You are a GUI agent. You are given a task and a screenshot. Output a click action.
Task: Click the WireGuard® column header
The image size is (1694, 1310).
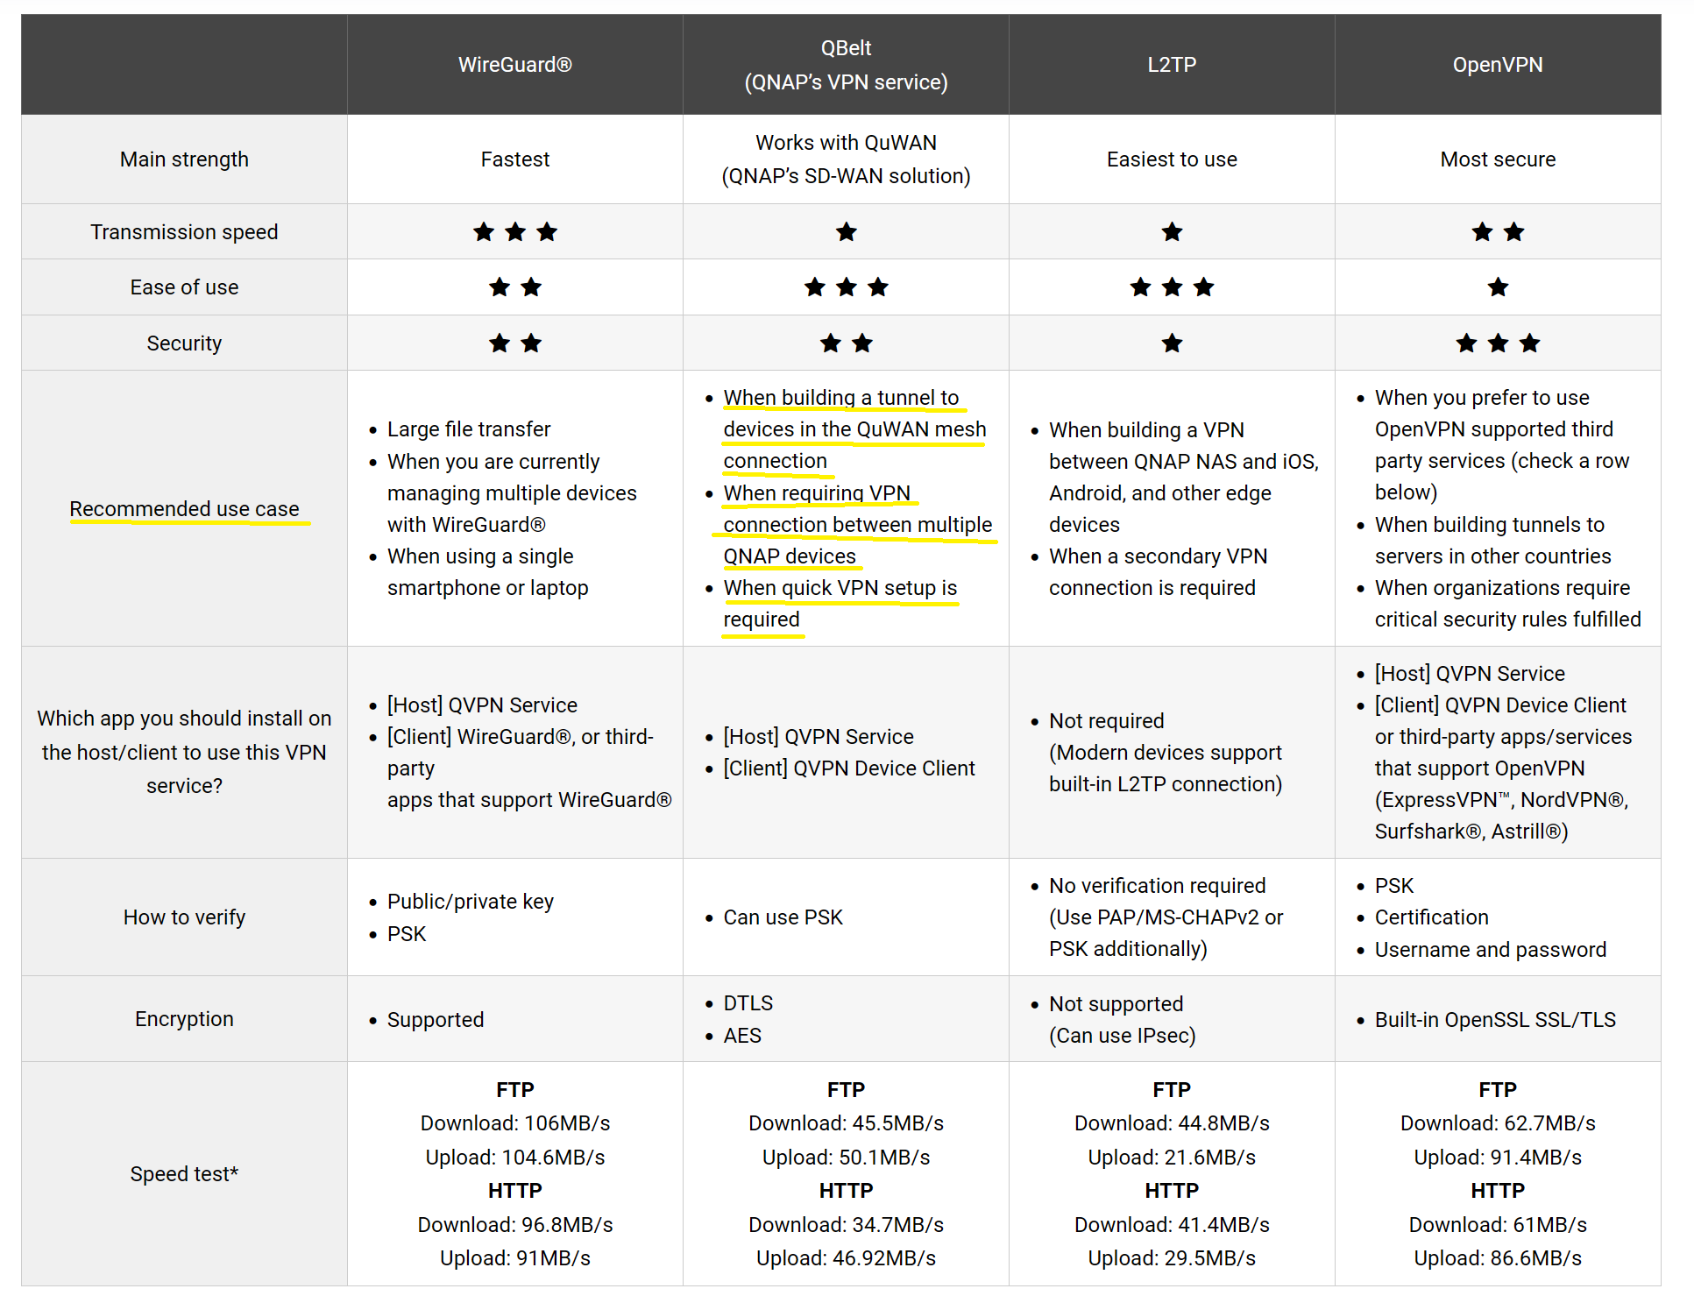click(514, 65)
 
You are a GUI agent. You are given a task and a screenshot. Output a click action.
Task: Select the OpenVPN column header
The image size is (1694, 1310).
click(1497, 65)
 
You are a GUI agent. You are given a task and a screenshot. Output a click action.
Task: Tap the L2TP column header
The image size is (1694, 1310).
click(1172, 65)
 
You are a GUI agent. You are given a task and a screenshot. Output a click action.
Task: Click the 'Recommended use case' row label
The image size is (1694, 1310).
click(184, 509)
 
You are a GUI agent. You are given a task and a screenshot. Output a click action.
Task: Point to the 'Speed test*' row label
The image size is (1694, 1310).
click(184, 1173)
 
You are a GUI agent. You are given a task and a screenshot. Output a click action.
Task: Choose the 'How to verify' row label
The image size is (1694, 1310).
click(184, 917)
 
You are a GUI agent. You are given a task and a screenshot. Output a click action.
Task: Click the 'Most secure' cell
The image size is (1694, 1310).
click(1497, 159)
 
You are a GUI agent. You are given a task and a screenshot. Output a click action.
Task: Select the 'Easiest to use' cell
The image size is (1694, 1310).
click(1172, 159)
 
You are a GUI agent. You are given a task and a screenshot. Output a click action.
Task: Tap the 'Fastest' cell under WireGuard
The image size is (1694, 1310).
click(514, 159)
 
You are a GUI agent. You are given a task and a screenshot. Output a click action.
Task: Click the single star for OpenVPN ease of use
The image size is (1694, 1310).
click(1498, 287)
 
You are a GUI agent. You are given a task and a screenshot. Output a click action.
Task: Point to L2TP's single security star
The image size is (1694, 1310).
click(1172, 343)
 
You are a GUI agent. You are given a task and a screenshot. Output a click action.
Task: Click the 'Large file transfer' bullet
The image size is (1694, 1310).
click(469, 429)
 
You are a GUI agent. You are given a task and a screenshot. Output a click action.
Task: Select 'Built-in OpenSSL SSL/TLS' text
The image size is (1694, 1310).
click(1495, 1019)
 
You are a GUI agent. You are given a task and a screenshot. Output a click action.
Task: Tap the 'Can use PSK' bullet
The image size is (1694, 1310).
click(783, 917)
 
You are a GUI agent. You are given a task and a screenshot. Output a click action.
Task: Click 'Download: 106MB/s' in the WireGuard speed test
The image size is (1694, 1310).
click(514, 1123)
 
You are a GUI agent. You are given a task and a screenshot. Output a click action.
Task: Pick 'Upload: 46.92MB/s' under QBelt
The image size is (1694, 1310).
click(846, 1258)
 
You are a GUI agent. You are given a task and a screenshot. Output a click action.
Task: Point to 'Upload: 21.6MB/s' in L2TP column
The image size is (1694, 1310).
click(1172, 1158)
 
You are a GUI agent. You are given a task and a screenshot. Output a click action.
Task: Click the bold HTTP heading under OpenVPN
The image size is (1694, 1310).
click(1497, 1191)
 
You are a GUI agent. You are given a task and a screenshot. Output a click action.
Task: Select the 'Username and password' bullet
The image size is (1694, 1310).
click(1490, 950)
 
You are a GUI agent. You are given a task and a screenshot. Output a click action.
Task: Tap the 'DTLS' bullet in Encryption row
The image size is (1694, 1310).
click(748, 1003)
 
